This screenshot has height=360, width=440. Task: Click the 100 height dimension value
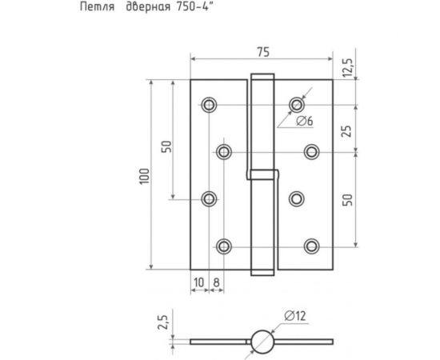[143, 177]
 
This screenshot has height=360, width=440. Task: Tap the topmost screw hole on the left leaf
[210, 106]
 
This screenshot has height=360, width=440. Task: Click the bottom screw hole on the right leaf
[312, 246]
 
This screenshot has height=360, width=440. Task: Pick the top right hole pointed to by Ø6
[298, 105]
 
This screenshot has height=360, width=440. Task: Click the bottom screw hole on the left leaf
[225, 246]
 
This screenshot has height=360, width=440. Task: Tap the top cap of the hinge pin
[261, 77]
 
